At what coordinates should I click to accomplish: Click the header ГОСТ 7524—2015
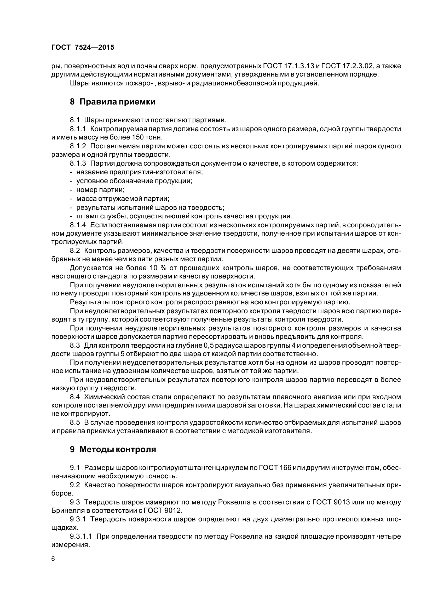[x=83, y=47]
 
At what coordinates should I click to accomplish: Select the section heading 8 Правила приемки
[x=113, y=102]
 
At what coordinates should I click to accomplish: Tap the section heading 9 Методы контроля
[x=113, y=450]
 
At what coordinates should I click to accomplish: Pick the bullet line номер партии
[x=100, y=190]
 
